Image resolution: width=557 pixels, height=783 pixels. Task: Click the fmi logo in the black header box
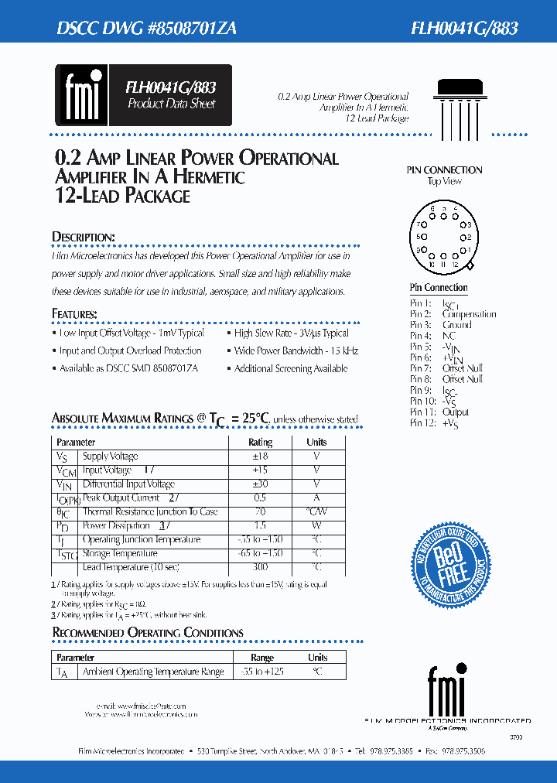click(80, 95)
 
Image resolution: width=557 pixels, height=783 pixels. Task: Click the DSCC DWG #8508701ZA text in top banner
click(147, 29)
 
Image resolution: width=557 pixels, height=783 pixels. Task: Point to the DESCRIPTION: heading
click(84, 237)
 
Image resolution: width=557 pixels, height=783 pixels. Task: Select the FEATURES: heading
click(74, 314)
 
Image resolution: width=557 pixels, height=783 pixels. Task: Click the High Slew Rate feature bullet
click(291, 333)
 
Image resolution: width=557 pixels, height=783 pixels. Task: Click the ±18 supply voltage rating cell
click(260, 456)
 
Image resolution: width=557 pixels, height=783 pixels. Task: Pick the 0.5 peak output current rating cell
click(260, 498)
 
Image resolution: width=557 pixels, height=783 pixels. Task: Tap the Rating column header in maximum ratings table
click(260, 443)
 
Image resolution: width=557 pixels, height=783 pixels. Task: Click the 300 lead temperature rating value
click(260, 567)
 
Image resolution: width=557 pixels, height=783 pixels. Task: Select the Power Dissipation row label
click(116, 526)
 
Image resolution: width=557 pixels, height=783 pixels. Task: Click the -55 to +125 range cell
click(262, 672)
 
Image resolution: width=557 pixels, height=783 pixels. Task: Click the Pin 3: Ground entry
click(440, 325)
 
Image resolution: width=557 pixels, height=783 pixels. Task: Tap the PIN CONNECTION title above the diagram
click(444, 170)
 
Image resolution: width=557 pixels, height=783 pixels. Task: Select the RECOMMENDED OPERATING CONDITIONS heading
click(148, 633)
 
